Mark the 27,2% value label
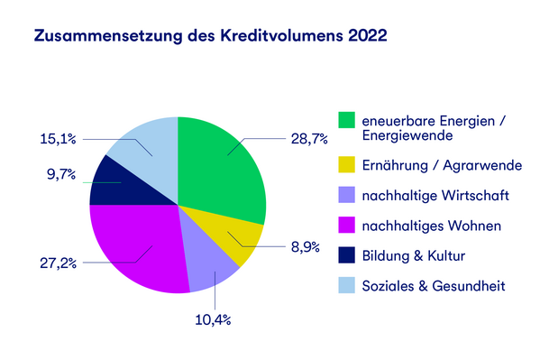coord(57,263)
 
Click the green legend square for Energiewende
coord(346,120)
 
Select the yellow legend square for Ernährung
coord(346,165)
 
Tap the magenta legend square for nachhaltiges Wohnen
coord(346,225)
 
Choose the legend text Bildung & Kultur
coord(413,256)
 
